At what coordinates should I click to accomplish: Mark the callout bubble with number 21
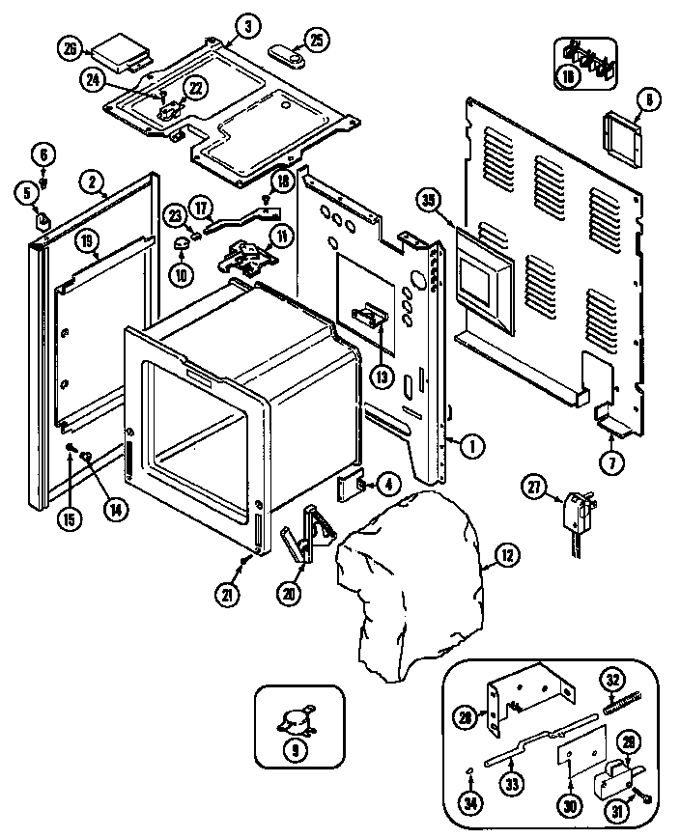click(x=228, y=596)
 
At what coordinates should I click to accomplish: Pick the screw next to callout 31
click(x=644, y=800)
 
